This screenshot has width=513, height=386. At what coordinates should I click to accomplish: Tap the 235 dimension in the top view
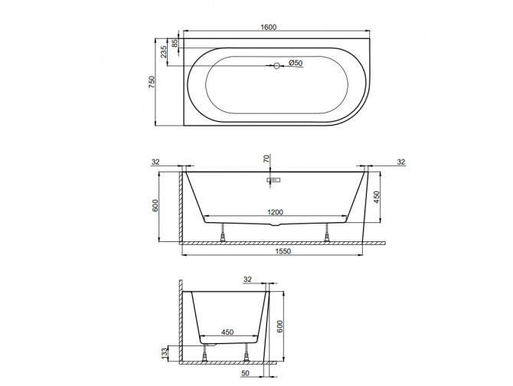pos(164,52)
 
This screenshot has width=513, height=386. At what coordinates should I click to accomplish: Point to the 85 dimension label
pos(175,44)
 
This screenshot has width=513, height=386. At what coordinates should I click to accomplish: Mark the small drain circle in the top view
pos(277,67)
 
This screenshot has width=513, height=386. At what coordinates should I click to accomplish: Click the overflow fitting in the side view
pos(274,182)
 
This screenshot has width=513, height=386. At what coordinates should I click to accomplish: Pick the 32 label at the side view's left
pos(156,162)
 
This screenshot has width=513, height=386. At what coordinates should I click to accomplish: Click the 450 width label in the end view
pos(226,333)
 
